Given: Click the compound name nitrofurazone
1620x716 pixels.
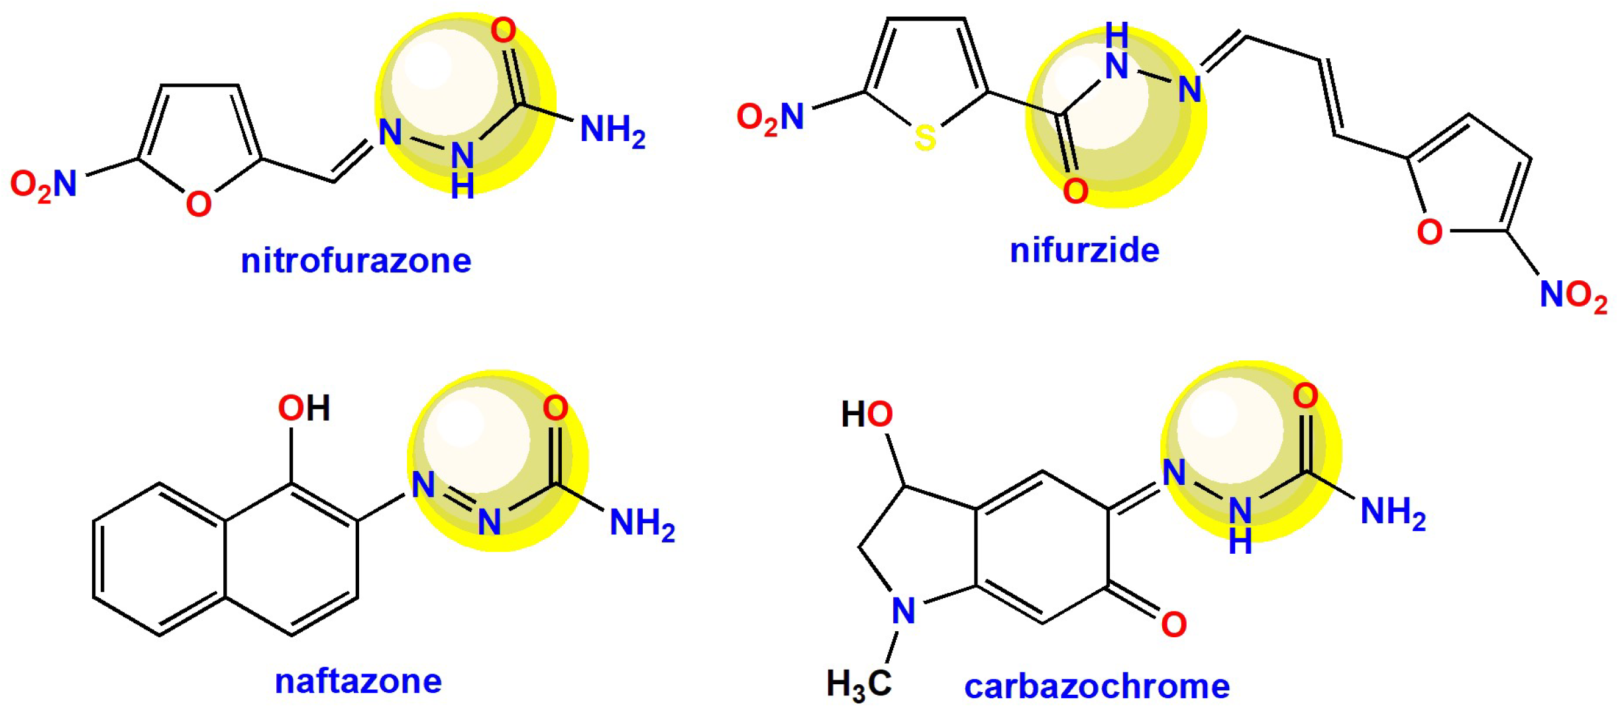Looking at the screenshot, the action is pyautogui.click(x=356, y=261).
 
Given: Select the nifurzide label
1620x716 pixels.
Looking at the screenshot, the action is pyautogui.click(x=1084, y=251).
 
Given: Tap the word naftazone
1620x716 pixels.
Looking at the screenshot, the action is pyautogui.click(x=358, y=681).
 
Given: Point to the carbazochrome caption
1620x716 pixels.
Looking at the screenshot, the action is pyautogui.click(x=1097, y=686).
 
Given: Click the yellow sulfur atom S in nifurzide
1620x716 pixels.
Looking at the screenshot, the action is pyautogui.click(x=925, y=138).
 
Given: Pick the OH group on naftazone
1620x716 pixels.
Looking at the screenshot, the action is pyautogui.click(x=303, y=408).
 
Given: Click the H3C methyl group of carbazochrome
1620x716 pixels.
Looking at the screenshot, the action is pyautogui.click(x=859, y=684).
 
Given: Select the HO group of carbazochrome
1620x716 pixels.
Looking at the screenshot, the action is pyautogui.click(x=867, y=415).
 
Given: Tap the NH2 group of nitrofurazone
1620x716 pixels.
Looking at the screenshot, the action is pyautogui.click(x=612, y=130).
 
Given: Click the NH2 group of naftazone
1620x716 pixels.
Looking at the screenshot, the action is pyautogui.click(x=641, y=523).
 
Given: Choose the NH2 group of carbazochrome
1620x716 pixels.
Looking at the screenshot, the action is pyautogui.click(x=1393, y=513).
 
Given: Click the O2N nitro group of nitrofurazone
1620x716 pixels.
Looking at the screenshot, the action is pyautogui.click(x=44, y=184).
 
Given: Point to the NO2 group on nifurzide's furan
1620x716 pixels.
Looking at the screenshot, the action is pyautogui.click(x=1573, y=295).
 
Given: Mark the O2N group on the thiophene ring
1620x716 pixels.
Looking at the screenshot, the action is pyautogui.click(x=770, y=118).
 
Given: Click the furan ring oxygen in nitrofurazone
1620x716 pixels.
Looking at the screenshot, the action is pyautogui.click(x=199, y=204).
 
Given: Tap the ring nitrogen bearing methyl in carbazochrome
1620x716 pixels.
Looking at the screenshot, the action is pyautogui.click(x=904, y=611).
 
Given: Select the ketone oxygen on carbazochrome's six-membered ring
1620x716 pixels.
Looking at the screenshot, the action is pyautogui.click(x=1173, y=625).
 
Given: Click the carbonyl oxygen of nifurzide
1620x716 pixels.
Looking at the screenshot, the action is pyautogui.click(x=1075, y=191).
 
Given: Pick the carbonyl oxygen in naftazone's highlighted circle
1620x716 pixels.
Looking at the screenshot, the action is pyautogui.click(x=555, y=408).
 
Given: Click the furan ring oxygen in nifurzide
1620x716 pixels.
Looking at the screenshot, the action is pyautogui.click(x=1429, y=232).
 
